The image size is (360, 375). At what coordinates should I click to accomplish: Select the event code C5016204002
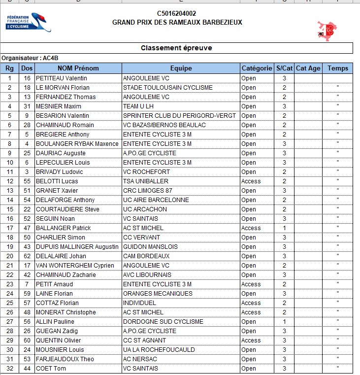(x=177, y=14)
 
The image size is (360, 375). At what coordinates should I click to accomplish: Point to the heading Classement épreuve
(x=177, y=48)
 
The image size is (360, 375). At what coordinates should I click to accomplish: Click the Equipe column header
(x=181, y=68)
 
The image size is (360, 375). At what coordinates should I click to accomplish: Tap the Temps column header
(x=337, y=68)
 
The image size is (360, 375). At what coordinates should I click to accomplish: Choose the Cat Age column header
(x=308, y=68)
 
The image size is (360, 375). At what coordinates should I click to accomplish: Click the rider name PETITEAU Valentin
(x=62, y=78)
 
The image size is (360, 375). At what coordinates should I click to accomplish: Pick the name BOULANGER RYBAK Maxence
(x=77, y=144)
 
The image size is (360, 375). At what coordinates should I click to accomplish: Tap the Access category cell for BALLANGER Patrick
(x=251, y=228)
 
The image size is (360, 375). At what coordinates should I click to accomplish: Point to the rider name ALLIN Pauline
(x=55, y=322)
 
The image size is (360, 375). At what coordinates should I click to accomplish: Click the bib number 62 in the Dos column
(x=27, y=256)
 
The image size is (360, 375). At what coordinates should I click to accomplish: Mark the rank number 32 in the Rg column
(x=9, y=369)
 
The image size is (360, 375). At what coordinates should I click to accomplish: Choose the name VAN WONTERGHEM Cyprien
(x=75, y=266)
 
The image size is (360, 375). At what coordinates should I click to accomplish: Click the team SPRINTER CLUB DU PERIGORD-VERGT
(x=179, y=116)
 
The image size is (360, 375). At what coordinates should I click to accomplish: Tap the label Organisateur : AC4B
(x=26, y=58)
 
